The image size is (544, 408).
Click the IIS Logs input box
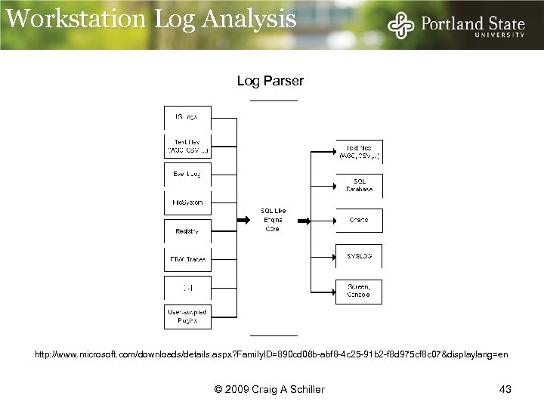(x=187, y=117)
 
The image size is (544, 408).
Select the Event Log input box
(x=187, y=175)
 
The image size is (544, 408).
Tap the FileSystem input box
(x=187, y=202)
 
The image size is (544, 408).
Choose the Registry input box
(x=187, y=230)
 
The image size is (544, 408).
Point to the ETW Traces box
(x=187, y=259)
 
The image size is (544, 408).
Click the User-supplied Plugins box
(x=187, y=316)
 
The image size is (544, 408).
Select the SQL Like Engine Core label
(x=273, y=219)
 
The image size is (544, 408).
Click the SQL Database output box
(x=359, y=184)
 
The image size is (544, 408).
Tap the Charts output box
(x=359, y=220)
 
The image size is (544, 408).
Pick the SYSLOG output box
(x=359, y=256)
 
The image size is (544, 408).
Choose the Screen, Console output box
(x=359, y=291)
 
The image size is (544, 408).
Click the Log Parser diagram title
(x=270, y=80)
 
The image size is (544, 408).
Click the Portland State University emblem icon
(x=401, y=26)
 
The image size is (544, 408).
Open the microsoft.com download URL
(x=271, y=354)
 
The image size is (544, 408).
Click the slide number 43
(x=505, y=389)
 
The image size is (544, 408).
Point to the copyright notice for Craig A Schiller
(x=270, y=389)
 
